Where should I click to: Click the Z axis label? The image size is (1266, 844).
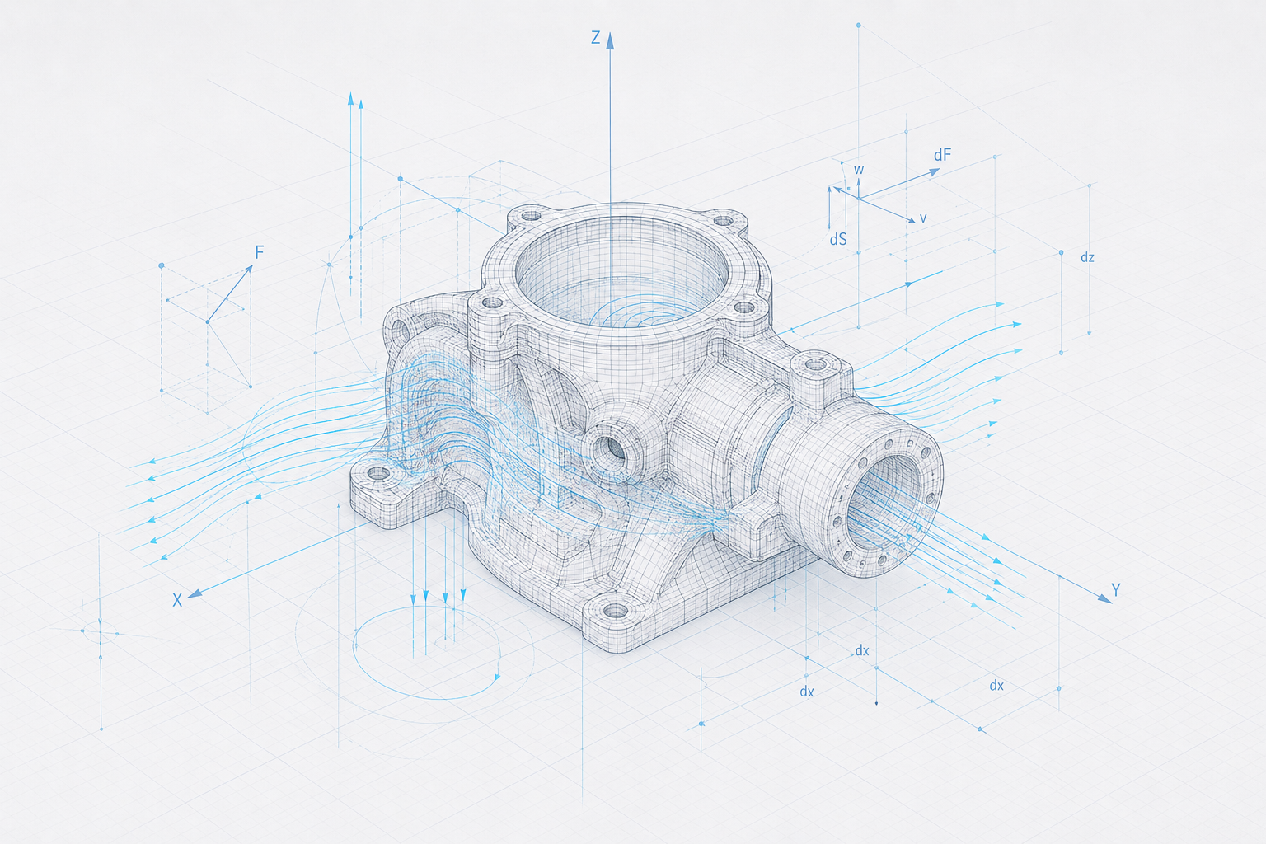coord(596,38)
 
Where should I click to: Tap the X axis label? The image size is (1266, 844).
coord(177,600)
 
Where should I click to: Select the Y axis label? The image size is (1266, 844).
coord(1116,590)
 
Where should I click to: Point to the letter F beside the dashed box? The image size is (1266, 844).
coord(259,252)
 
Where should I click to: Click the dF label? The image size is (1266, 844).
coord(942,155)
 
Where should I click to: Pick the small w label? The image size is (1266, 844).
coord(859,170)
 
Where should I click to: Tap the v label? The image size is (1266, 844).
coord(923,218)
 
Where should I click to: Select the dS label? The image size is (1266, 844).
coord(838,240)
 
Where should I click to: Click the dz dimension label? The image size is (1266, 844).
coord(1087,258)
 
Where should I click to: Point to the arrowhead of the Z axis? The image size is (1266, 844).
coord(610,40)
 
